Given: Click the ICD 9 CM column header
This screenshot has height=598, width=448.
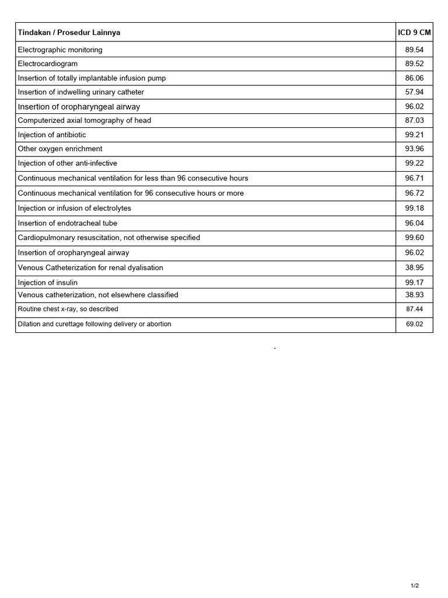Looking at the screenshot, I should pyautogui.click(x=414, y=33).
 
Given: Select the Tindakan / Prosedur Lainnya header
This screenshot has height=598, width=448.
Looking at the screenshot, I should pyautogui.click(x=69, y=33).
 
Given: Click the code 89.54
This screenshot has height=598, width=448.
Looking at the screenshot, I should pyautogui.click(x=414, y=50).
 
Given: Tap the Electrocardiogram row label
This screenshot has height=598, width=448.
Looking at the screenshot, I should pyautogui.click(x=48, y=64).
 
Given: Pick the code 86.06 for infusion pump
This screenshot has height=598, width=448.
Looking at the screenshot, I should pyautogui.click(x=414, y=78).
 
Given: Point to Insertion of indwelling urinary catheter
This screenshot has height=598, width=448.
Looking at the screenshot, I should pyautogui.click(x=81, y=92).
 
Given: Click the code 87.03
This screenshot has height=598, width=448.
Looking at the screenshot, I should pyautogui.click(x=414, y=120).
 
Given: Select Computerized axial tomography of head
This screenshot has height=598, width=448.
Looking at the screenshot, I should pyautogui.click(x=85, y=120).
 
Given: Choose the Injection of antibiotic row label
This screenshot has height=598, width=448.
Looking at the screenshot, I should pyautogui.click(x=52, y=135).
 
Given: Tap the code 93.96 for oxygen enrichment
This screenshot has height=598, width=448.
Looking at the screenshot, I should pyautogui.click(x=414, y=149).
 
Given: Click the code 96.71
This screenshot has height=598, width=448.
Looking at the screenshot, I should pyautogui.click(x=414, y=178).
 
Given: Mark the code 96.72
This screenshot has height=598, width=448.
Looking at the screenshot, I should pyautogui.click(x=414, y=193).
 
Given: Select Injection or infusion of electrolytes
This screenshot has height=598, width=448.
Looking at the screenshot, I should pyautogui.click(x=75, y=208).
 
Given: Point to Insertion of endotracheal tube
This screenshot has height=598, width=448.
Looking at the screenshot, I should pyautogui.click(x=68, y=223).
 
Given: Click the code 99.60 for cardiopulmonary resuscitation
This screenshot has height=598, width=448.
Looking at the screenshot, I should pyautogui.click(x=414, y=238).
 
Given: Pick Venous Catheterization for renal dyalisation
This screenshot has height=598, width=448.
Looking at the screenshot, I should pyautogui.click(x=90, y=267).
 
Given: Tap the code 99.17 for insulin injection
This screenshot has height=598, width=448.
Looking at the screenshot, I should pyautogui.click(x=414, y=283).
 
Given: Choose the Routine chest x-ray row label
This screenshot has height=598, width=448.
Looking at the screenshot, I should pyautogui.click(x=68, y=309).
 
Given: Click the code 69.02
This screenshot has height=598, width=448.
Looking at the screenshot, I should pyautogui.click(x=414, y=324).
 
